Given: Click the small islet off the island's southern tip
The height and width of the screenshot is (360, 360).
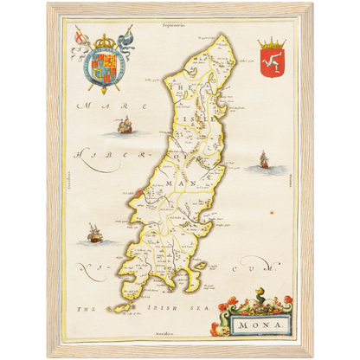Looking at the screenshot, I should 115,307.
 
